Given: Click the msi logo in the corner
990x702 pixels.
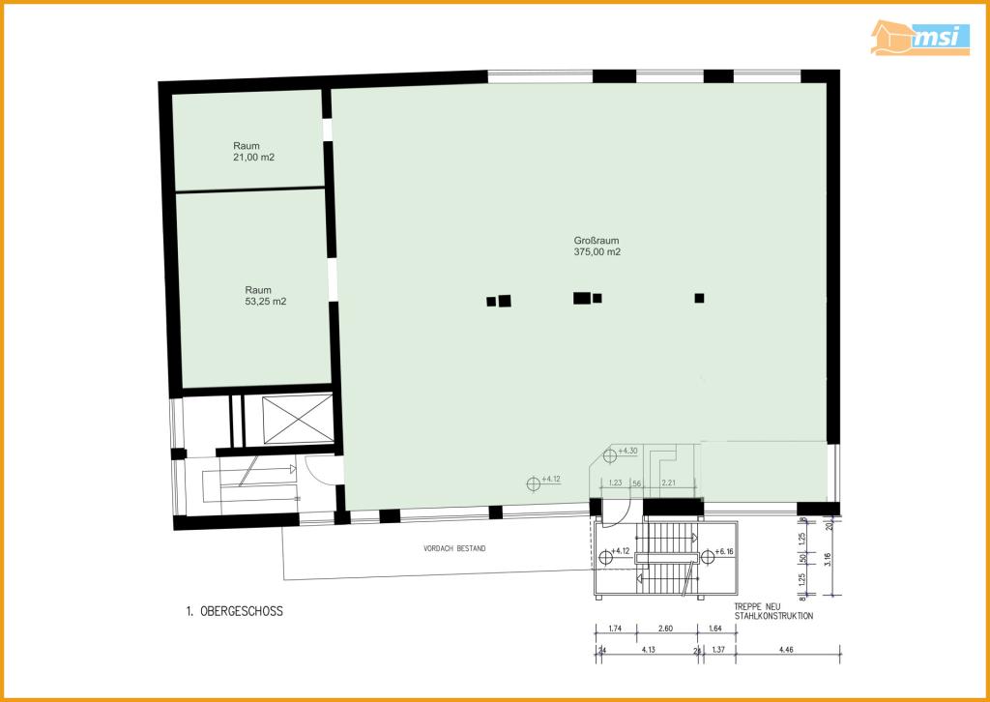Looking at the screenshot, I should [919, 38].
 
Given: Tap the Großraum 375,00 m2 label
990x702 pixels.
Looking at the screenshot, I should [597, 246].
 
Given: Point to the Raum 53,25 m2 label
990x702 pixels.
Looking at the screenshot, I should [265, 295].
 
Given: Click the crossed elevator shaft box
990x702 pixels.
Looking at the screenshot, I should [287, 419].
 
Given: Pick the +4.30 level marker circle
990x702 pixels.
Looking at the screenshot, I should [609, 451].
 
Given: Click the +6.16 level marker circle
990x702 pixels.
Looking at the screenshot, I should [708, 555].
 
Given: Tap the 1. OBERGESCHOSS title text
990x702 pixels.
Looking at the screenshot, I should [234, 611].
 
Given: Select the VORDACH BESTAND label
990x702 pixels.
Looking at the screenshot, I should [454, 548].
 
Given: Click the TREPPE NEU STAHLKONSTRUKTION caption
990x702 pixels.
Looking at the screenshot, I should [772, 610].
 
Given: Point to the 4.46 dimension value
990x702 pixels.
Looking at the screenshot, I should [789, 651].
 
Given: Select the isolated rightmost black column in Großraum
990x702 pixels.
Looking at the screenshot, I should [699, 298].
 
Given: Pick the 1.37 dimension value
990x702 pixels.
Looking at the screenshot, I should [718, 651].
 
